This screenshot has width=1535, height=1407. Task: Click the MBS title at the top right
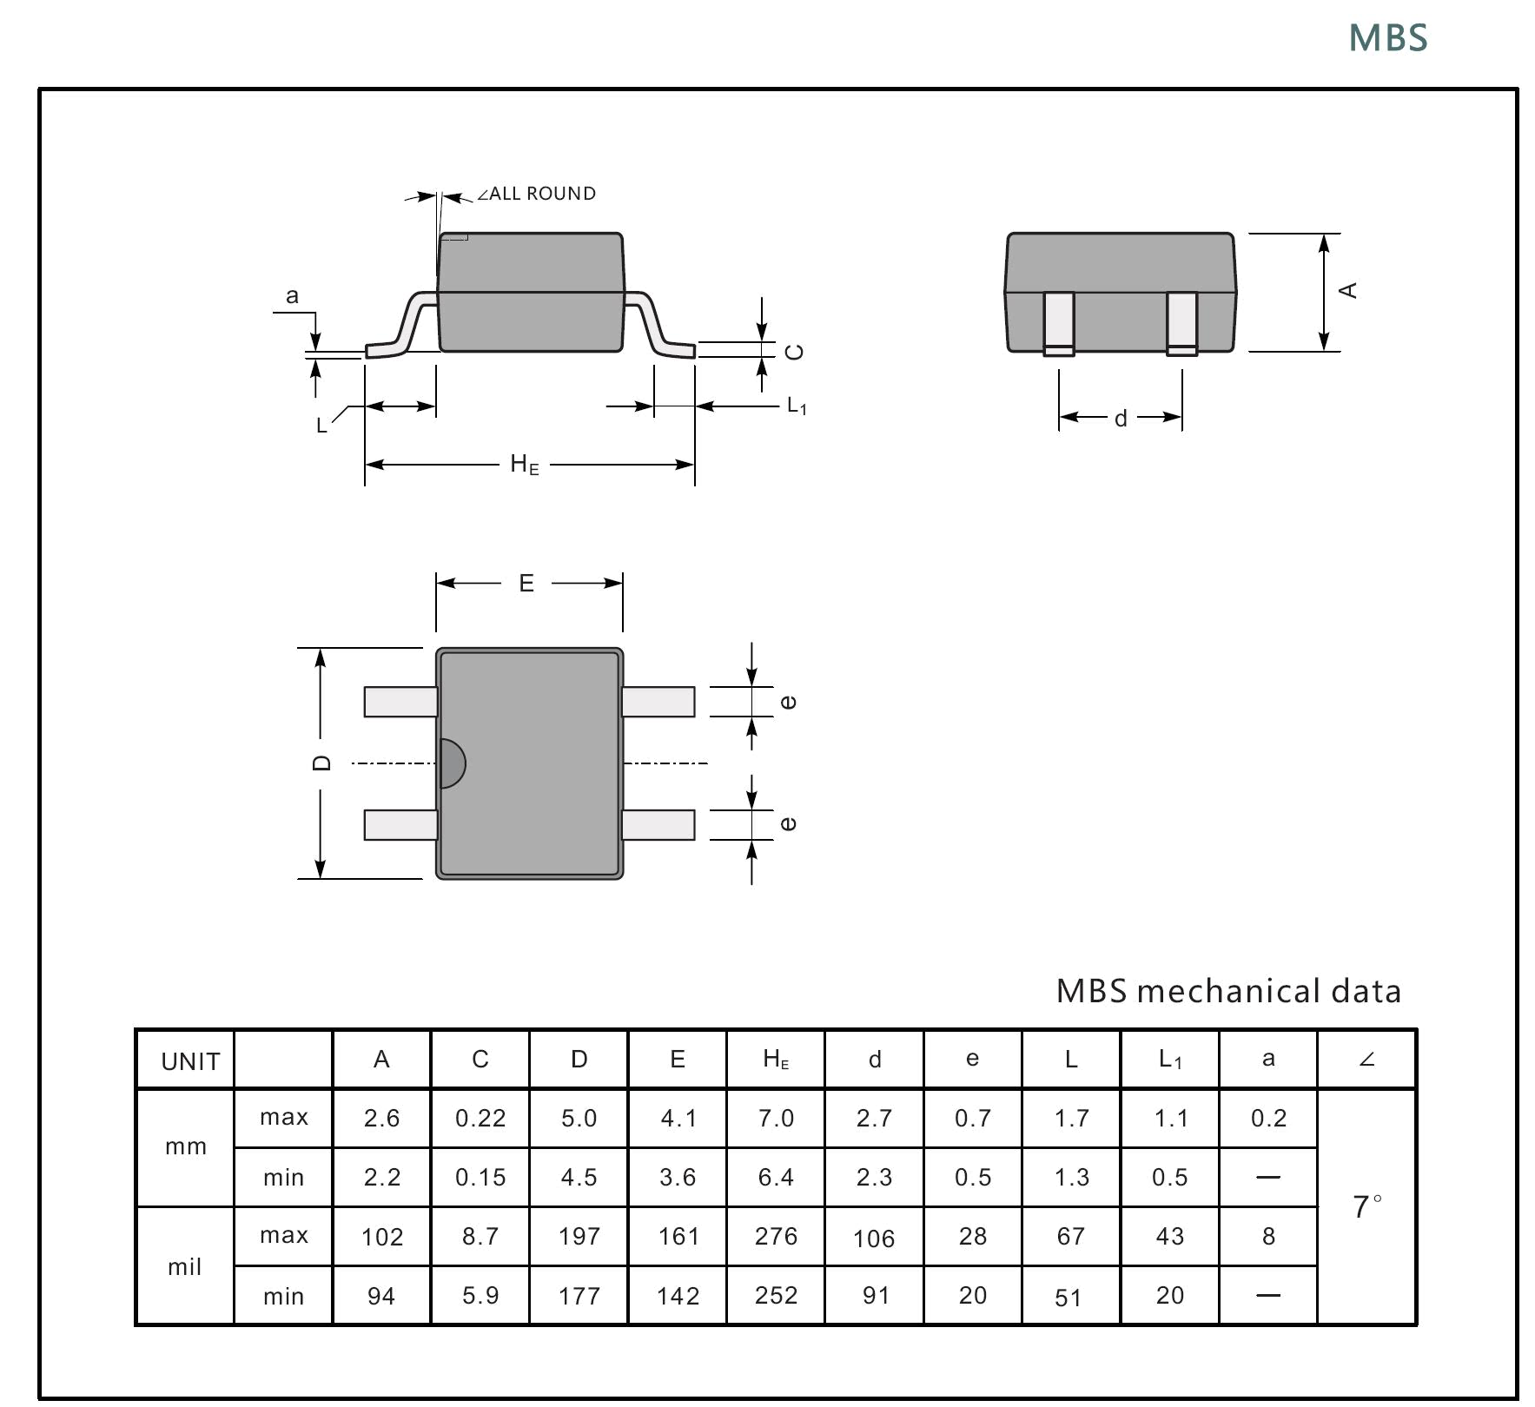[x=1387, y=38]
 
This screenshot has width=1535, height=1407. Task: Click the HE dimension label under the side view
[x=524, y=465]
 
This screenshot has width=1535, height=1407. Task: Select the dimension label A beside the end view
[x=1347, y=290]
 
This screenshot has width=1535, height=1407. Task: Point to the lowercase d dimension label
[x=1121, y=419]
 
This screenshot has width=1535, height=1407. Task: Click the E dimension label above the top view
[x=526, y=584]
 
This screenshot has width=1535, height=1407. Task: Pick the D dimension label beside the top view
[x=321, y=763]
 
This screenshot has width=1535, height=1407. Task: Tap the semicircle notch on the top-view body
[x=452, y=763]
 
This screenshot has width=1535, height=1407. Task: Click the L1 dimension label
[x=797, y=406]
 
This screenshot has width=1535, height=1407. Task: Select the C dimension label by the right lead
[x=794, y=352]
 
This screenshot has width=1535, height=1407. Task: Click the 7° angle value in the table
[x=1366, y=1206]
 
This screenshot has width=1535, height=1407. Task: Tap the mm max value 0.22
[x=480, y=1119]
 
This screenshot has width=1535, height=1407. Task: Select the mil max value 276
[x=776, y=1236]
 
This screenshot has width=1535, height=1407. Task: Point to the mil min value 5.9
[x=480, y=1296]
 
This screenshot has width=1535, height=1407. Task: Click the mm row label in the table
[x=186, y=1146]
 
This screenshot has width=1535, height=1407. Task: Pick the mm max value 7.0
[x=776, y=1119]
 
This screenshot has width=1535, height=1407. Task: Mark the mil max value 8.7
[x=480, y=1236]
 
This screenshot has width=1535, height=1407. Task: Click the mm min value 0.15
[x=480, y=1178]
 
